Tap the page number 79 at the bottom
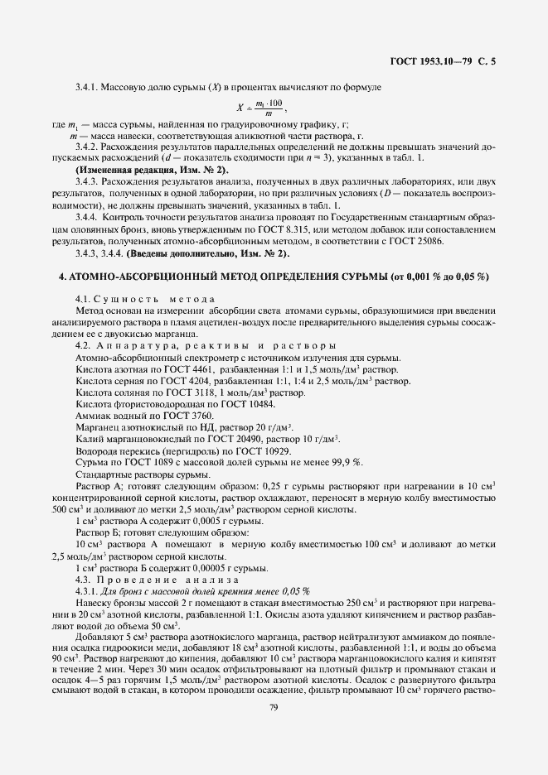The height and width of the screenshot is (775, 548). [x=273, y=707]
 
